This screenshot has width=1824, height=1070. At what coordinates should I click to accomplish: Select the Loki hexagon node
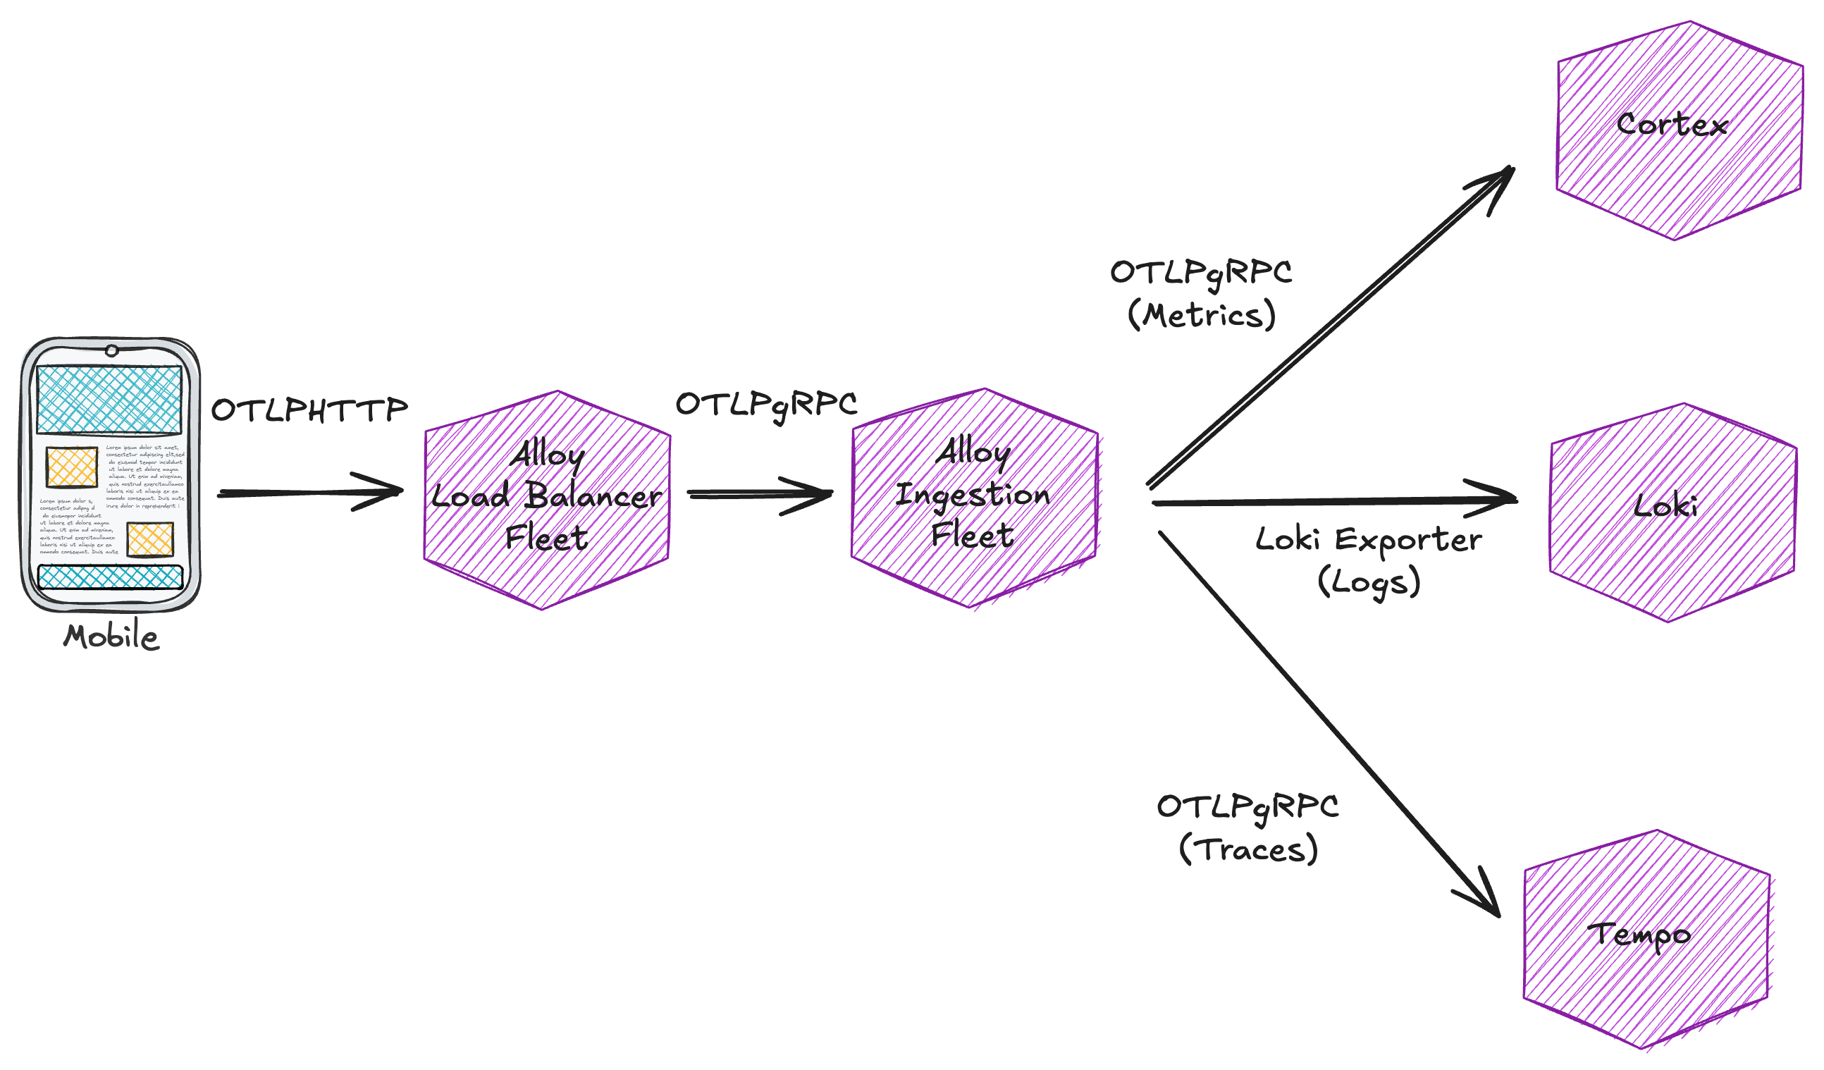[1672, 512]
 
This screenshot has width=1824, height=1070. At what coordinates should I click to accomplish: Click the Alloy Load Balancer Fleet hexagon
[547, 500]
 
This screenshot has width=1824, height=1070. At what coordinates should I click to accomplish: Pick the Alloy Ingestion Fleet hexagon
[974, 498]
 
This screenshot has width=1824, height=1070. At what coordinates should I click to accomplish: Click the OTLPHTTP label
[310, 410]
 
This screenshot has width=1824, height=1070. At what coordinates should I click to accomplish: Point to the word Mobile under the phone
[111, 638]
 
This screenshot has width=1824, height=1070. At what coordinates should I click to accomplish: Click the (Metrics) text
[1202, 316]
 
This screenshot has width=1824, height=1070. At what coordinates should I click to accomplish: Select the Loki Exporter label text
[1368, 540]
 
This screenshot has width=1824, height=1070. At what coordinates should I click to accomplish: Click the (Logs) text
[1369, 582]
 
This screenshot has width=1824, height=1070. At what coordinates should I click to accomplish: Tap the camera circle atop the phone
[111, 351]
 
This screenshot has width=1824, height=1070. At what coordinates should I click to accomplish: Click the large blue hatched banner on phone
[109, 400]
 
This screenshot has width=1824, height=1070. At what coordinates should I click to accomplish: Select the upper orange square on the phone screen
[72, 467]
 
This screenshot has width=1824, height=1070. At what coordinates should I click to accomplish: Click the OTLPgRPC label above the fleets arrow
[767, 405]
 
